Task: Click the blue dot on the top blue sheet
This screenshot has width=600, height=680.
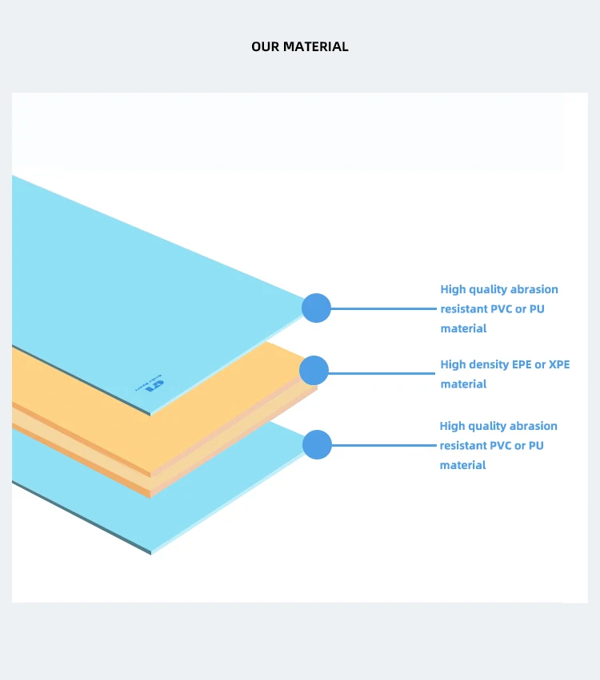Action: coord(316,308)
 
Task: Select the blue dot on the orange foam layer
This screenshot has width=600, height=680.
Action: coord(314,370)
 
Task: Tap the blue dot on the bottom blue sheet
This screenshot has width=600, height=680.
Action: coord(317,444)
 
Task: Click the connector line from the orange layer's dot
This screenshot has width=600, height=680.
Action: coord(381,372)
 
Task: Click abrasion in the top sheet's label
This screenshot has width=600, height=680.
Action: coord(534,289)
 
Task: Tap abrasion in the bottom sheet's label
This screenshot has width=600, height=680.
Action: coord(533,426)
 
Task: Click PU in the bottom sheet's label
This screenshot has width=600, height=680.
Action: coord(535,445)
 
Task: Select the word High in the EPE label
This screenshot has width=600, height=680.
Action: coord(453,364)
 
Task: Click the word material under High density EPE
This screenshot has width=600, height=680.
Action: coord(463,384)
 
